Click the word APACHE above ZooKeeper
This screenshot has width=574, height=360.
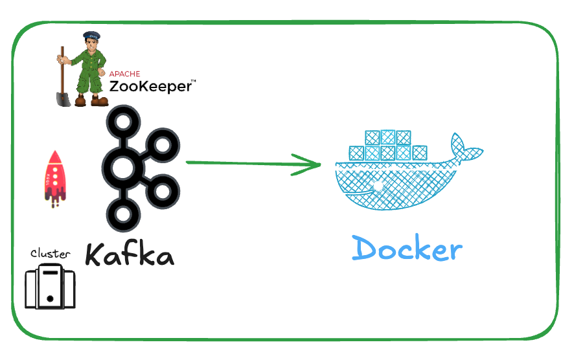[x=124, y=74]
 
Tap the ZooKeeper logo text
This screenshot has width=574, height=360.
[x=150, y=86]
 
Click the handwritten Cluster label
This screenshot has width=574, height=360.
[x=50, y=254]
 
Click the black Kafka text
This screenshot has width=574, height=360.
[x=130, y=254]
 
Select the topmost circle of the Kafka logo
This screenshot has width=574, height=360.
[x=122, y=121]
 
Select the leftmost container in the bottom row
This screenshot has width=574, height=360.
[x=356, y=153]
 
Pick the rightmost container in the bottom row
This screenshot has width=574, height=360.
[x=419, y=153]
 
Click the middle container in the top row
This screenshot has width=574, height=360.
[x=388, y=138]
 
